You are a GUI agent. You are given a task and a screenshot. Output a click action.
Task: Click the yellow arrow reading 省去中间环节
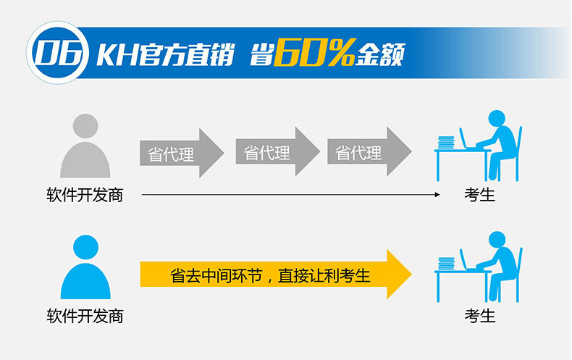[x=275, y=275]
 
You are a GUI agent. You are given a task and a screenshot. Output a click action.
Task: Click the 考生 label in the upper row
[x=479, y=196]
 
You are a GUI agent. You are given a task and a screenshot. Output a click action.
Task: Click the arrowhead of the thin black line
[x=437, y=195]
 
